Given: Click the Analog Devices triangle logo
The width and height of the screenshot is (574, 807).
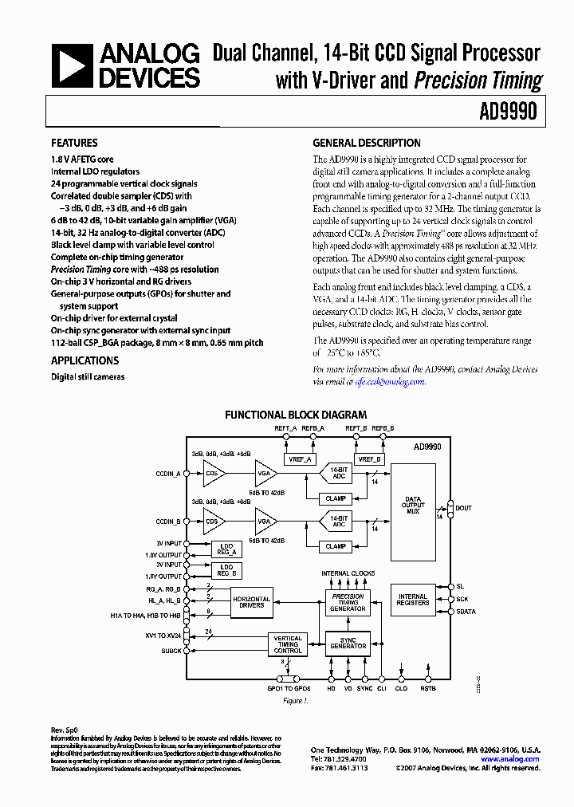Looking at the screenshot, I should pos(72,66).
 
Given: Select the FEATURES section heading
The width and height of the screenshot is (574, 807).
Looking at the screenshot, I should pos(74,144).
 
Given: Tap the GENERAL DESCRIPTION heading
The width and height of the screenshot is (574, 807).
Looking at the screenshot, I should pos(366,144).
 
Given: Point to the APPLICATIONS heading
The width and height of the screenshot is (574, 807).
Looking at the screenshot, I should pos(85,361).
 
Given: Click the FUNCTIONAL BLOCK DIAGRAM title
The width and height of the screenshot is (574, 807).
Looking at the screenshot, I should pos(296,415).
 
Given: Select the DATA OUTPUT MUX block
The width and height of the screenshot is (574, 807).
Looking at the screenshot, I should pos(413,506).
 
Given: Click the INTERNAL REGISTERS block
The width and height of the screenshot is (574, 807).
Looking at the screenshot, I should pos(413,600).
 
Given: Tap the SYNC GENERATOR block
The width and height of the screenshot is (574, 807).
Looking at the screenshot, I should pos(348,643).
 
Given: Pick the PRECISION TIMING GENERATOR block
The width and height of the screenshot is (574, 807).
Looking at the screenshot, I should pos(348,603).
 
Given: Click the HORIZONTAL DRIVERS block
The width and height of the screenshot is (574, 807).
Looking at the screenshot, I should pos(251,602).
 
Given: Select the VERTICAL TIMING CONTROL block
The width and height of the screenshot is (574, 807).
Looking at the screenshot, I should pos(288,644).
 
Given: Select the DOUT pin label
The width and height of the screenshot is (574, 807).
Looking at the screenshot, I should pos(463,508).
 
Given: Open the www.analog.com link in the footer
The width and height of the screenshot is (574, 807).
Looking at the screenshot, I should pos(510,759).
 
